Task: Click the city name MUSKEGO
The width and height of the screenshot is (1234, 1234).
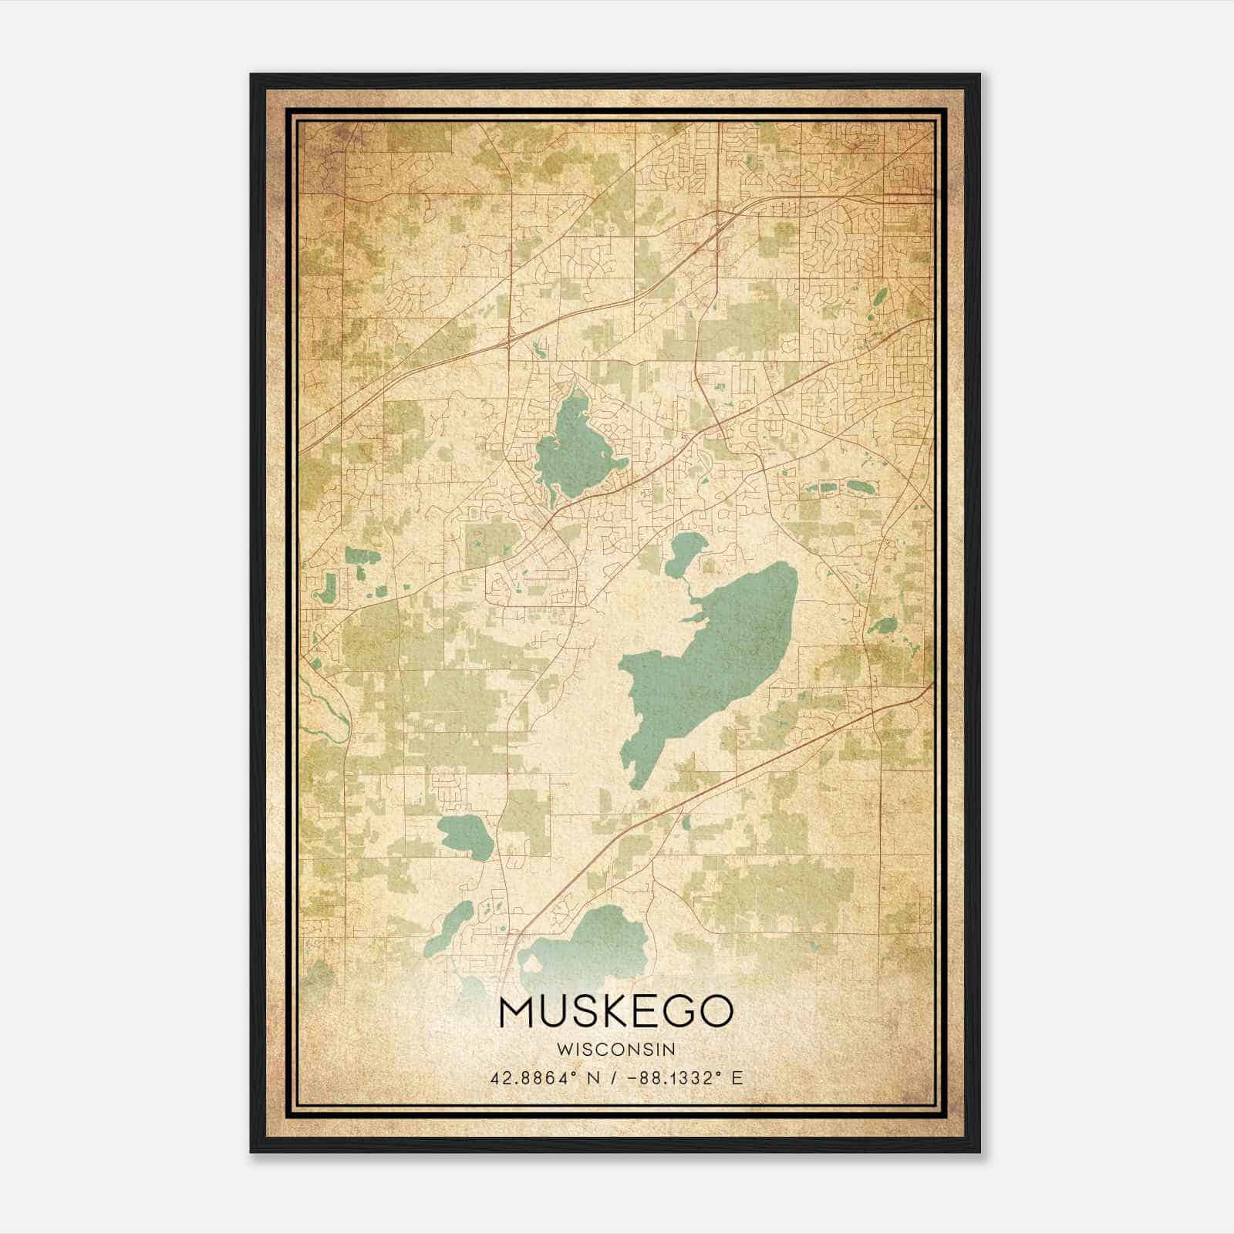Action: [x=615, y=1011]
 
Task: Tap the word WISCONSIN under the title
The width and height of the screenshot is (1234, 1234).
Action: [x=615, y=1049]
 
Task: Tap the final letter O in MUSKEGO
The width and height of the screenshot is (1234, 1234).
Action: [x=714, y=1011]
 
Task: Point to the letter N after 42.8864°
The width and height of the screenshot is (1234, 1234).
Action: [x=592, y=1077]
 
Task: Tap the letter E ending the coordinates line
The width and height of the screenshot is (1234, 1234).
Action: [x=737, y=1077]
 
